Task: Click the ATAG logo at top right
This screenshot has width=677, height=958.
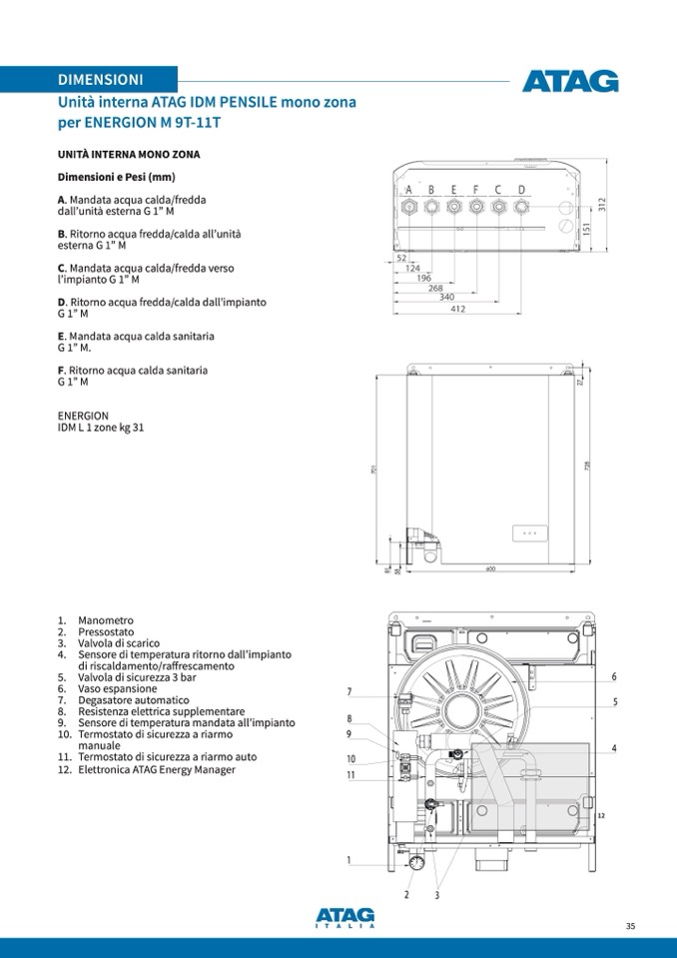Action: (570, 81)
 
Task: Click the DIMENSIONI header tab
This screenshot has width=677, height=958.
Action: (100, 79)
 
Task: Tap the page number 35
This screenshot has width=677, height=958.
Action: (630, 926)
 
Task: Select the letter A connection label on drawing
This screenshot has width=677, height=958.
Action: (408, 190)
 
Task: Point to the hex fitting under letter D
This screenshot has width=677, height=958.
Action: (521, 207)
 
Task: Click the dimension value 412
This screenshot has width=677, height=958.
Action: (457, 309)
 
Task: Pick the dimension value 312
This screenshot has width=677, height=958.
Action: (602, 205)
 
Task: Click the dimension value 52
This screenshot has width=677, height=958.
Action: (401, 258)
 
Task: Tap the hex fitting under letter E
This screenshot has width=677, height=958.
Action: (453, 207)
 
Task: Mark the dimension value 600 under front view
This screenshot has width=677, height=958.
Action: (490, 569)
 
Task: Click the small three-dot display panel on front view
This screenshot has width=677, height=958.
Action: (529, 533)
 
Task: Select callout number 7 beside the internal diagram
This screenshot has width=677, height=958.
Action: (349, 692)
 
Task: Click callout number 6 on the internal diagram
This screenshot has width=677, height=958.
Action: (614, 677)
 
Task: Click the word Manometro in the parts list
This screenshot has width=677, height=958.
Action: (105, 620)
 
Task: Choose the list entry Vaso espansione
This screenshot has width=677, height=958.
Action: (117, 688)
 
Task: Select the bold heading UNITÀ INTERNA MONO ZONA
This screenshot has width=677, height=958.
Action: (129, 155)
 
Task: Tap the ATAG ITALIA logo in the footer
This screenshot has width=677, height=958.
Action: (344, 917)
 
